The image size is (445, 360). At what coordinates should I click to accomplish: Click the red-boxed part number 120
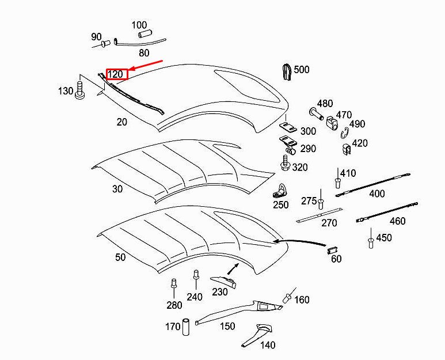click(116, 74)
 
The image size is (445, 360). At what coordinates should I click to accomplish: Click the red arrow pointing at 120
click(147, 65)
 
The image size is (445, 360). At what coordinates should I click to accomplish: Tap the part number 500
click(301, 70)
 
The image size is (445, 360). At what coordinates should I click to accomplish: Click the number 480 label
click(325, 104)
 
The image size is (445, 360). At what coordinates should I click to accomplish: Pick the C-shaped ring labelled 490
click(344, 133)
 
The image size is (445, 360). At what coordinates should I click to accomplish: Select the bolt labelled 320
click(286, 164)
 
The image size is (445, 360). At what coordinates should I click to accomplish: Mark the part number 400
click(377, 194)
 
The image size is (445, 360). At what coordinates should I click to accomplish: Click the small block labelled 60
click(332, 249)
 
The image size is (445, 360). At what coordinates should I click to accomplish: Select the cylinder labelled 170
click(187, 327)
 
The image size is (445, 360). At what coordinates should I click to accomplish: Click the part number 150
click(227, 326)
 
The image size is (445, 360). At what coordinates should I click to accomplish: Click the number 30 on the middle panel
click(117, 189)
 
